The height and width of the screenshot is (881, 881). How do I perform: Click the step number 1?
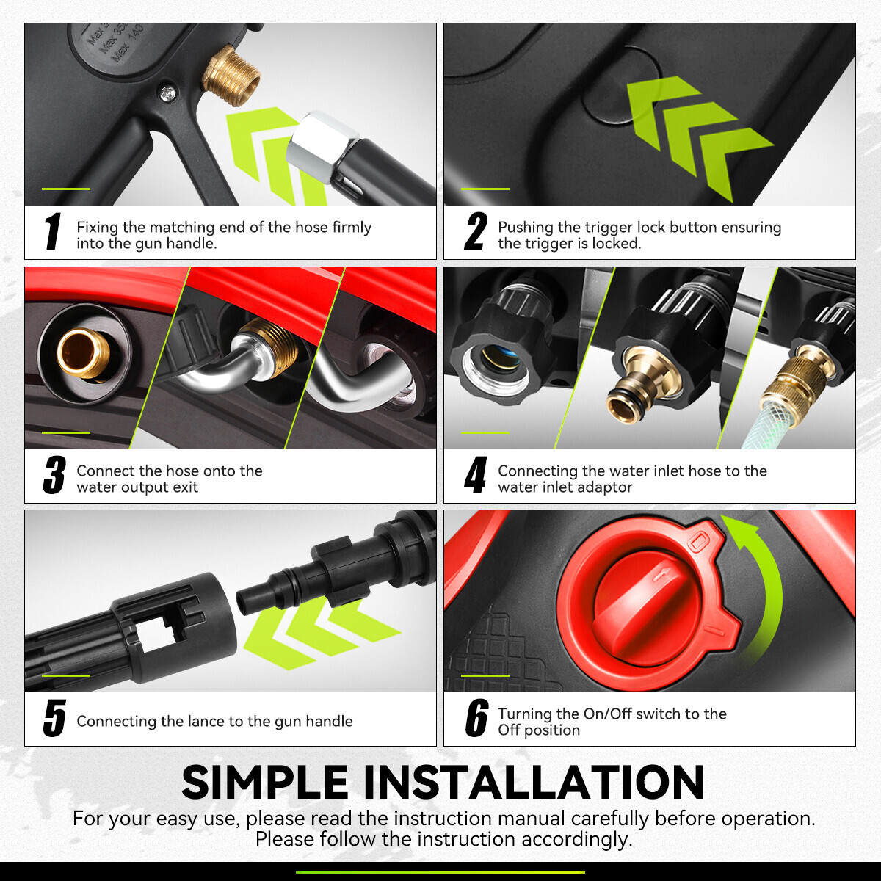pos(53,231)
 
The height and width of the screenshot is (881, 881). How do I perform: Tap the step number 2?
pos(476,231)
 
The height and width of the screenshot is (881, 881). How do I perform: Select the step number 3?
pos(54,475)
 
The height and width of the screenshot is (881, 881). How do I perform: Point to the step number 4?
pos(475,475)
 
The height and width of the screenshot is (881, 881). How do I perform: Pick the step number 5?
pos(54,718)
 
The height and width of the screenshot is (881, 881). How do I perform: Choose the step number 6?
pos(476,718)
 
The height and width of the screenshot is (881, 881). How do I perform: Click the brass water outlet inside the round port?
pos(83,353)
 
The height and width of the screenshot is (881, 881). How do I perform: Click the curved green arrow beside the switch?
pos(768,590)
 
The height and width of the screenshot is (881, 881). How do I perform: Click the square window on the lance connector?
pos(156,633)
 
